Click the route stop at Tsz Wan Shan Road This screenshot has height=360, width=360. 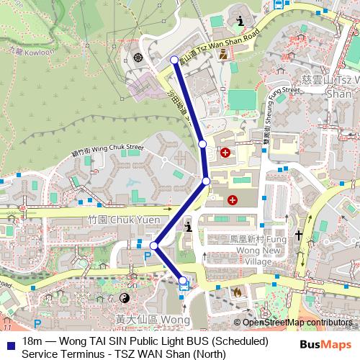click(174, 60)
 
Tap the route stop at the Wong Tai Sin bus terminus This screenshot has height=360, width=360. click(183, 280)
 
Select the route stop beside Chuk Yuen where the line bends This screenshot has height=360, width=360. click(154, 246)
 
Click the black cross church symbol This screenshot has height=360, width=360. click(298, 235)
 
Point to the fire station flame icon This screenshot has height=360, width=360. click(237, 292)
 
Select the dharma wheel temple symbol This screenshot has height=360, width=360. click(138, 57)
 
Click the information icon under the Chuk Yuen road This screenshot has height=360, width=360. click(189, 228)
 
